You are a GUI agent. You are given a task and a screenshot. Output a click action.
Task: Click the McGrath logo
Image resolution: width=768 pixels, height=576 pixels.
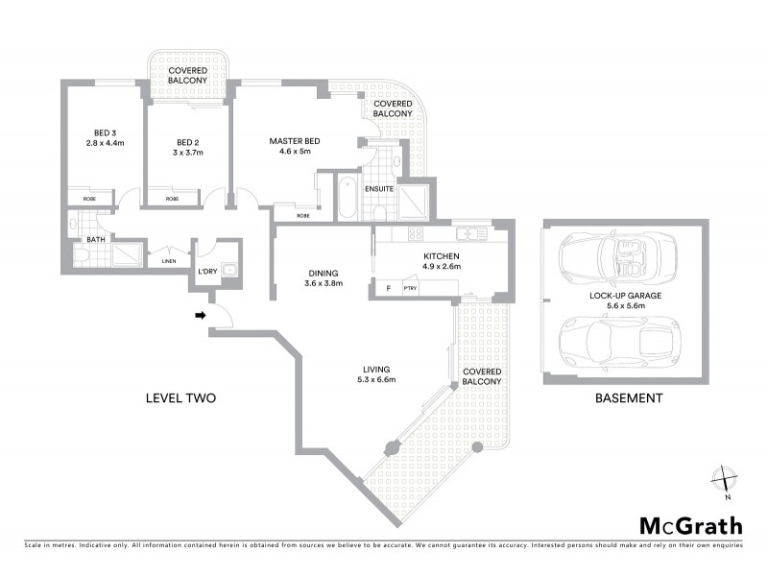click(690, 525)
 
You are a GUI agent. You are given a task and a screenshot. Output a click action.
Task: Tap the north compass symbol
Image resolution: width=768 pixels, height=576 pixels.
click(726, 479)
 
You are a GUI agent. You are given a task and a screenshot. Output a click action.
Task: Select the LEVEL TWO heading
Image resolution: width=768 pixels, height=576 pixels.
click(180, 398)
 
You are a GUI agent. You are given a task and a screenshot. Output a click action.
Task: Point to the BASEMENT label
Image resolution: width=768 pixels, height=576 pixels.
click(628, 398)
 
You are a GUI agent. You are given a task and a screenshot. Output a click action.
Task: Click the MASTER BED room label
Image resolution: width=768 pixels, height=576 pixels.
click(293, 141)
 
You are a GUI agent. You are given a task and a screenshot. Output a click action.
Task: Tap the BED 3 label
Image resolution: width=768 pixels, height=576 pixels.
click(105, 132)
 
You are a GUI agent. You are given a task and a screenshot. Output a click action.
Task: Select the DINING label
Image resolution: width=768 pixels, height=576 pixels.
click(324, 272)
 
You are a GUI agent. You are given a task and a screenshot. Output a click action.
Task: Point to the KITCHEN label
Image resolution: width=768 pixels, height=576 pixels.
click(443, 255)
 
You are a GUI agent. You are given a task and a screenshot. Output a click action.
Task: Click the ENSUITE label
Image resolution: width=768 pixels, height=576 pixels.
click(378, 188)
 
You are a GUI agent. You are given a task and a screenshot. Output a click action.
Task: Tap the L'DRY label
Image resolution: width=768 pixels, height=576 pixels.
click(207, 272)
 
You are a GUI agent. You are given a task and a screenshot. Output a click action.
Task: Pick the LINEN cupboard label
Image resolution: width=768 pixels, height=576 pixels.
click(168, 260)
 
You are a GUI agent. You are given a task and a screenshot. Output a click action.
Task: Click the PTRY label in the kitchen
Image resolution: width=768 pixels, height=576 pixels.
click(410, 287)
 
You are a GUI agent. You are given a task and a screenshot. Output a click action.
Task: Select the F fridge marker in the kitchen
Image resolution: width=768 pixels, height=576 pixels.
click(387, 287)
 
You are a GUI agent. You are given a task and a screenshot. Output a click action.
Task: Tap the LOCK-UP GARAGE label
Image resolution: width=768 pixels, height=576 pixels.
click(627, 297)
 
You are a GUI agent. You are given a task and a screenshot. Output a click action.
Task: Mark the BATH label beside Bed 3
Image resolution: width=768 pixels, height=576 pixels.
click(96, 239)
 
